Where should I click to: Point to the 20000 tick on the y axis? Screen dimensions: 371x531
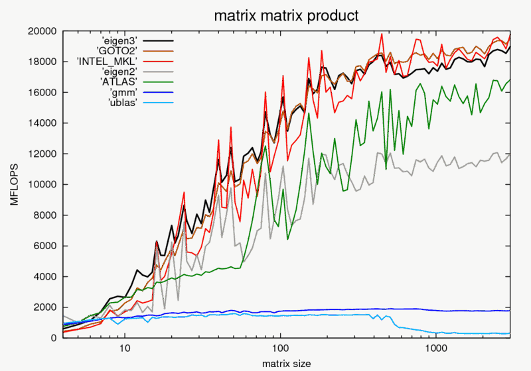(41, 31)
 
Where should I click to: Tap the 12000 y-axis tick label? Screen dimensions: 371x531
(41, 154)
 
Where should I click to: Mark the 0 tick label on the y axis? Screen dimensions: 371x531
(53, 338)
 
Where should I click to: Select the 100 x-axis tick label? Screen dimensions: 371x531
(280, 348)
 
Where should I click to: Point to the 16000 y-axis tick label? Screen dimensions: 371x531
(41, 92)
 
